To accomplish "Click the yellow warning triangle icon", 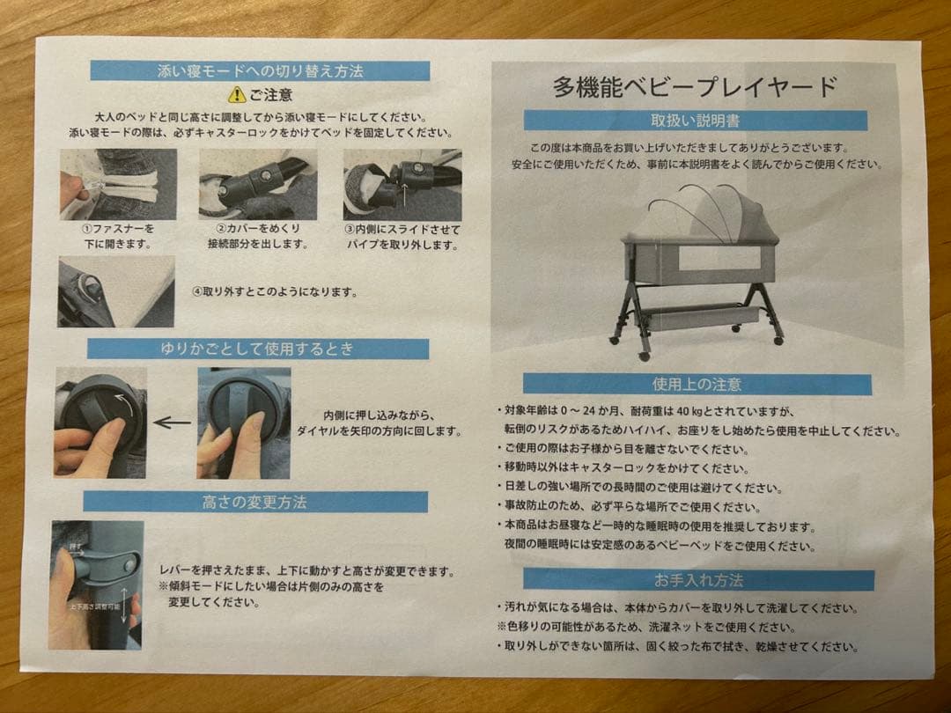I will pyautogui.click(x=236, y=94).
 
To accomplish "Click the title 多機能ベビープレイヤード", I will pyautogui.click(x=695, y=87).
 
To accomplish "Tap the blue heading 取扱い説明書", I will pyautogui.click(x=695, y=121).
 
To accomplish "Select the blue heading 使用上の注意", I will pyautogui.click(x=697, y=384).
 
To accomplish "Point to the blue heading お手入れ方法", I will pyautogui.click(x=698, y=580).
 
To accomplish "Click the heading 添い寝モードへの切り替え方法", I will pyautogui.click(x=260, y=71).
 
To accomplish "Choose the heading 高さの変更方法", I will pyautogui.click(x=254, y=502).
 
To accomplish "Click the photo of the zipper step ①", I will pyautogui.click(x=118, y=184).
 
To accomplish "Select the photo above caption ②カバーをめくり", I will pyautogui.click(x=258, y=184).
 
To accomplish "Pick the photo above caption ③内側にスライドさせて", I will pyautogui.click(x=402, y=184).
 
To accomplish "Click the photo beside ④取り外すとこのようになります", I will pyautogui.click(x=116, y=291).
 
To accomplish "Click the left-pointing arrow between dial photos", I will pyautogui.click(x=172, y=423).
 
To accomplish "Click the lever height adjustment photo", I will pyautogui.click(x=96, y=584).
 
